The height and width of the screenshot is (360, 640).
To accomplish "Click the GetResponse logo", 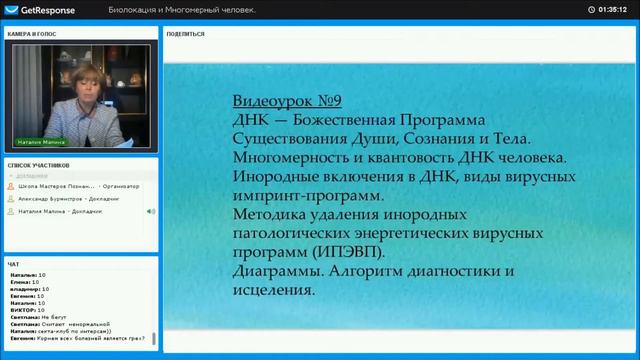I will pos(35,9).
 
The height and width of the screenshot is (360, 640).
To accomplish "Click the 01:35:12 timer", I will pos(613,9).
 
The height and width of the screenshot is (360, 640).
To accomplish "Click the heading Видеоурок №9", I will pos(287,102).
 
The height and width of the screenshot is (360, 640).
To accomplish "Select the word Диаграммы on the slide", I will pos(278,272).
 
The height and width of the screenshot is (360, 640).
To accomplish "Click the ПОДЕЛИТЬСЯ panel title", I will pos(186,33).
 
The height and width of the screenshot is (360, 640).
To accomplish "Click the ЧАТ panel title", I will pos(13,264).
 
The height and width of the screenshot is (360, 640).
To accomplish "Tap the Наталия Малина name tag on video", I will pos(39,143).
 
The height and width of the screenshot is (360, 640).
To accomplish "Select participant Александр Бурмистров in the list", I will pos(70,199).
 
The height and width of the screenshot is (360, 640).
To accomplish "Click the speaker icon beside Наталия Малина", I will pos(150,211).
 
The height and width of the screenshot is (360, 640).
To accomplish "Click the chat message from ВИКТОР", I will pos(36,310).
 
